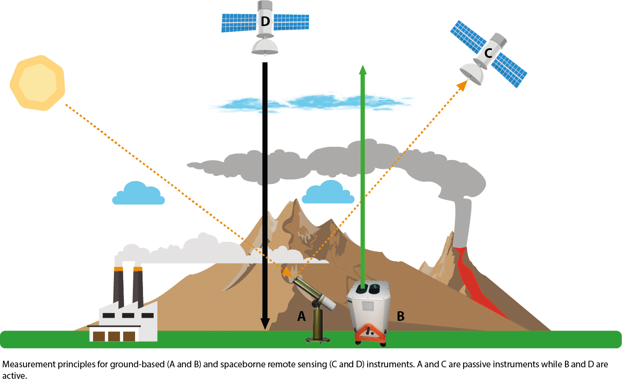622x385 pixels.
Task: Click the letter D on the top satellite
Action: pyautogui.click(x=265, y=21)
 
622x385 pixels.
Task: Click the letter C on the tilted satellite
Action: pyautogui.click(x=488, y=53)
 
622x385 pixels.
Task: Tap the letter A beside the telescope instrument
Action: pyautogui.click(x=302, y=316)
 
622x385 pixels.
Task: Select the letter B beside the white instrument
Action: pyautogui.click(x=400, y=316)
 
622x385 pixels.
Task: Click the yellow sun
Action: pyautogui.click(x=38, y=83)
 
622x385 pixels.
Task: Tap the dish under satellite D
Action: pyautogui.click(x=264, y=46)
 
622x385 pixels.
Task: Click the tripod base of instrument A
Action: pyautogui.click(x=318, y=339)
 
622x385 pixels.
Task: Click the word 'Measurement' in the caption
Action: pyautogui.click(x=29, y=365)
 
